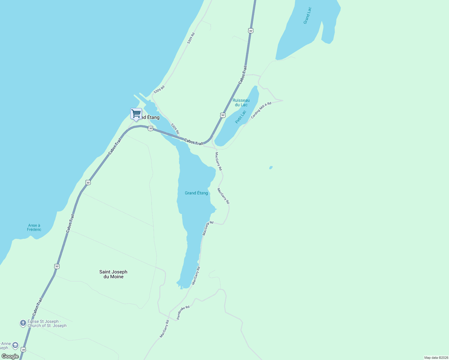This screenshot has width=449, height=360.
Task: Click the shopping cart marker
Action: [136, 114]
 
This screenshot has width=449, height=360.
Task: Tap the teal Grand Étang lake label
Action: [196, 193]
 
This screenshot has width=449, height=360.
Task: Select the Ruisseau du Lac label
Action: [241, 102]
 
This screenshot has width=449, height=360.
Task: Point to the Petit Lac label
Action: [241, 117]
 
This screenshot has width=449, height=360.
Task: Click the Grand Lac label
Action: [307, 16]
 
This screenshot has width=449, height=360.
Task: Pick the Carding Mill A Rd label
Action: [261, 110]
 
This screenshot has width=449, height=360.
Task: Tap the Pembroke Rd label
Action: [183, 312]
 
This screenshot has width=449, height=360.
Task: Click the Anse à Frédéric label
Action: [34, 227]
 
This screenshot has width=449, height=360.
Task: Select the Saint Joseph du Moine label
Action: [113, 274]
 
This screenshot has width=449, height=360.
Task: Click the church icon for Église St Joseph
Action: [23, 323]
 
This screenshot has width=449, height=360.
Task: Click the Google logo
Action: [10, 356]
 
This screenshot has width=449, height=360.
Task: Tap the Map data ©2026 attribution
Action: [436, 358]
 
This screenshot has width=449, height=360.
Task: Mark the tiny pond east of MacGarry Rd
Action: [271, 168]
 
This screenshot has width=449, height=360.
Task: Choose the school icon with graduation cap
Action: [15, 345]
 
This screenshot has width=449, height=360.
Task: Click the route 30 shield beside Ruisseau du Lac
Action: [222, 115]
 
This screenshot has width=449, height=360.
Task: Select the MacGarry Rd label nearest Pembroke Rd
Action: [164, 329]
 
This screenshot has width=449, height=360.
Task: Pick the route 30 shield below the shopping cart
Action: [151, 128]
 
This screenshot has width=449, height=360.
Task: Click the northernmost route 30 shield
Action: [251, 31]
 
